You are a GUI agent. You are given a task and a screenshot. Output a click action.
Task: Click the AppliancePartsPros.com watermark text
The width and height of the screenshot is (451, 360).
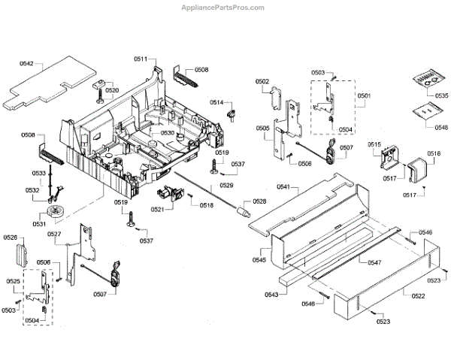click(223, 8)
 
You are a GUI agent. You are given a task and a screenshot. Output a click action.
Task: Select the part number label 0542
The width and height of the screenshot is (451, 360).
click(26, 65)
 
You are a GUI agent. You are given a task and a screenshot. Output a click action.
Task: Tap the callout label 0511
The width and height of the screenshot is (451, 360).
click(141, 59)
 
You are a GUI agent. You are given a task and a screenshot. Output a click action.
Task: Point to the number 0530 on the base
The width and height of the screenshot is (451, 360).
click(166, 133)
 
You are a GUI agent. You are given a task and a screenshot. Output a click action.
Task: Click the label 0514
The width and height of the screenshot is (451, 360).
click(216, 101)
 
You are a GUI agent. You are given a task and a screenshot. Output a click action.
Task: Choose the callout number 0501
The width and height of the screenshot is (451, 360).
click(364, 96)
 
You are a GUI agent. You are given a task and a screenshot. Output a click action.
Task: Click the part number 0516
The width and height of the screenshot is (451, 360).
click(434, 153)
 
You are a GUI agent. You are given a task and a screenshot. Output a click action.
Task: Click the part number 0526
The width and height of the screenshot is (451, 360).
click(11, 237)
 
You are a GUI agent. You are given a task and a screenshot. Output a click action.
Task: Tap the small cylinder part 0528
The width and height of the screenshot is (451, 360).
click(243, 210)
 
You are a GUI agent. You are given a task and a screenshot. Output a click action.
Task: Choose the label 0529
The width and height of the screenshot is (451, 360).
click(226, 184)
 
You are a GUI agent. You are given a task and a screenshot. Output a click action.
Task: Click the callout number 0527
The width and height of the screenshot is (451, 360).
click(54, 234)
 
